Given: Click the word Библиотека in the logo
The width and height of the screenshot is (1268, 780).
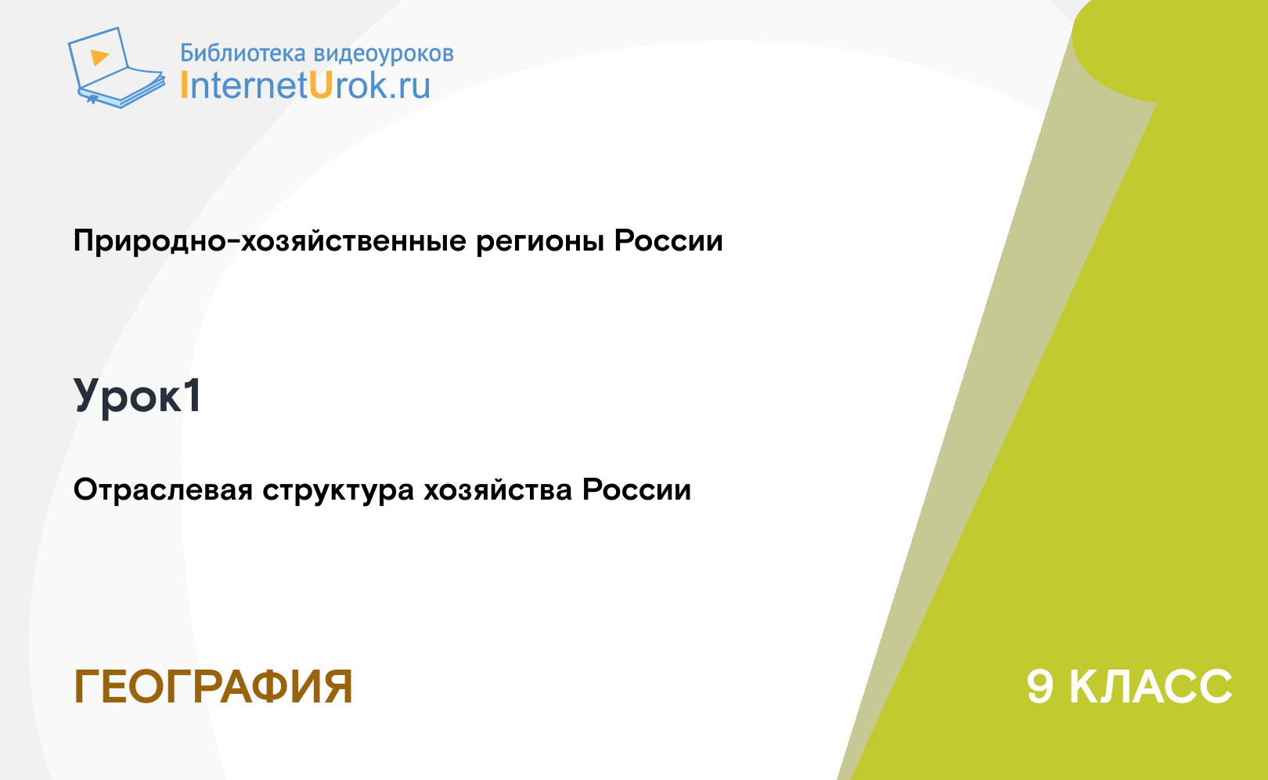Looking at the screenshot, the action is [x=243, y=52].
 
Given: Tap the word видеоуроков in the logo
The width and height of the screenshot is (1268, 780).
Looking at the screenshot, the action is [x=384, y=53].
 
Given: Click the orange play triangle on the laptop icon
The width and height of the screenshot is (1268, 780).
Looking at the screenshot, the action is [x=99, y=57].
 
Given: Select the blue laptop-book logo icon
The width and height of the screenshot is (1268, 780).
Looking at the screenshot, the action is [x=117, y=67].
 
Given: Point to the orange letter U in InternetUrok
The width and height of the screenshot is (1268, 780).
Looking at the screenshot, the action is [x=320, y=85].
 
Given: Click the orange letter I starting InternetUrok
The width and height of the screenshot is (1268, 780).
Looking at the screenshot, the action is [x=184, y=85].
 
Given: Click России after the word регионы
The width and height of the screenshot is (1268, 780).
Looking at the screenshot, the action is [x=668, y=240].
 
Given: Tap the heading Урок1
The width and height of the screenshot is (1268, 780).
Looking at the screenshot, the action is [x=137, y=397].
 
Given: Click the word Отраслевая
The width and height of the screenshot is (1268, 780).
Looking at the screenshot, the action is [x=163, y=490].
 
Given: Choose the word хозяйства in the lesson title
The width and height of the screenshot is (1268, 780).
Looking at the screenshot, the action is [x=498, y=490].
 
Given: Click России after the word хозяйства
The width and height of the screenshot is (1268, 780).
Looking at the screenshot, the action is [x=637, y=490].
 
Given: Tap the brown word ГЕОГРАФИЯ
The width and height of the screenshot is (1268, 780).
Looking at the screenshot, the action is [x=214, y=687].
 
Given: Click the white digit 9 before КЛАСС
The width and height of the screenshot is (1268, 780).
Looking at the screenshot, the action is [x=1040, y=687].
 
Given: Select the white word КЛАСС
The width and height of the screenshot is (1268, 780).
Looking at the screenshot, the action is [x=1151, y=687].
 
